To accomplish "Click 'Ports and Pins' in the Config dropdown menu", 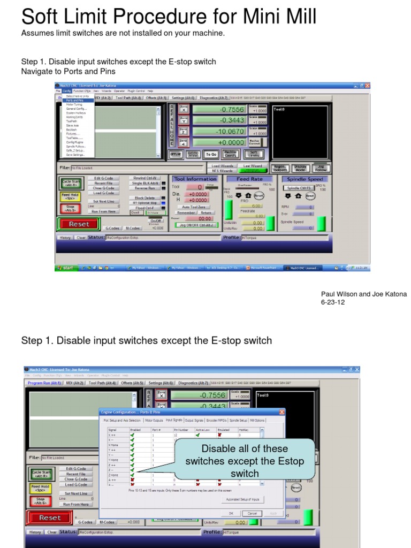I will [x=74, y=100].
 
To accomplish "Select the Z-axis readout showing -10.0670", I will [x=219, y=131].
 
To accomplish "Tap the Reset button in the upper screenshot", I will [x=79, y=224].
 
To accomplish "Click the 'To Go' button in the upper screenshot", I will [x=211, y=154].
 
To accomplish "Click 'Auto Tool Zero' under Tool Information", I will [x=193, y=207].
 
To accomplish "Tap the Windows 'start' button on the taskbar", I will [x=66, y=268].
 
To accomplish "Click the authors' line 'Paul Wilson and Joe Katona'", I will [x=363, y=294].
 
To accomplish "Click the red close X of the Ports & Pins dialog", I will [x=281, y=412].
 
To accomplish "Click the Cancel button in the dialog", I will [x=253, y=513].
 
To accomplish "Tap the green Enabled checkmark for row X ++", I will [x=132, y=435].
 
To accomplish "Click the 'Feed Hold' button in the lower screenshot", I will [x=41, y=489].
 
